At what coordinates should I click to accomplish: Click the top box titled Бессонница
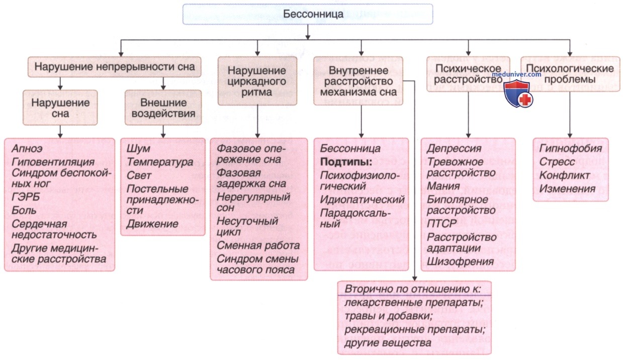[308, 14]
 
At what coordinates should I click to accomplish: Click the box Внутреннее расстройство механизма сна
[361, 80]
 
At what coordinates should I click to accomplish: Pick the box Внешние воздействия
[163, 107]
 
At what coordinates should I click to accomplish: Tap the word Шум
[138, 149]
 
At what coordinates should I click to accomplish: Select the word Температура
[160, 162]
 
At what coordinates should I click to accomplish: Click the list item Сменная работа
[258, 246]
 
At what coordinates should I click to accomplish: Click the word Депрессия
[454, 149]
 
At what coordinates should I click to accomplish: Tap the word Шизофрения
[460, 261]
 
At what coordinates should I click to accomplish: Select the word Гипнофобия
[570, 149]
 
